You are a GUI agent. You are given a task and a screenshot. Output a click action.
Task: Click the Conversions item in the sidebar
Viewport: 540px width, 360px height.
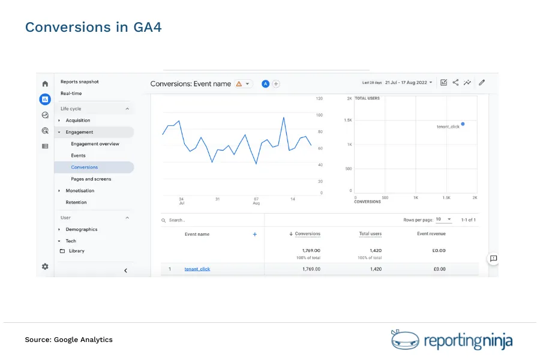pyautogui.click(x=84, y=167)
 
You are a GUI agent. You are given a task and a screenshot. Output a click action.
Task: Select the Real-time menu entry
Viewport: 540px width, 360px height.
pyautogui.click(x=71, y=94)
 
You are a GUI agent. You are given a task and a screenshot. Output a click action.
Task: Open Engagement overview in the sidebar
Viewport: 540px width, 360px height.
pyautogui.click(x=95, y=144)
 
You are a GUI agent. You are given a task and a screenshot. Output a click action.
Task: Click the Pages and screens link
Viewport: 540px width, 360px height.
pyautogui.click(x=91, y=179)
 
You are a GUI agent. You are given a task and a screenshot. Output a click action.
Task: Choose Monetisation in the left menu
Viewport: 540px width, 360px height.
pyautogui.click(x=80, y=191)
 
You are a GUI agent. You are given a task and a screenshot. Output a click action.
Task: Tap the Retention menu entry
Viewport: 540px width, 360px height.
pyautogui.click(x=76, y=202)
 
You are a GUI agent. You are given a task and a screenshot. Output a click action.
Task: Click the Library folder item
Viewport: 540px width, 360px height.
pyautogui.click(x=76, y=251)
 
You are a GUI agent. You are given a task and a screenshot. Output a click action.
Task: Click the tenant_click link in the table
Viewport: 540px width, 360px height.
pyautogui.click(x=197, y=269)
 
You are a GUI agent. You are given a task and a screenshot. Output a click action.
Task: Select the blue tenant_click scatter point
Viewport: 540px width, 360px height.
pyautogui.click(x=463, y=124)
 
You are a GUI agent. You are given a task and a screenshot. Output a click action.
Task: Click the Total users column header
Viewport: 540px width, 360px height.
pyautogui.click(x=370, y=234)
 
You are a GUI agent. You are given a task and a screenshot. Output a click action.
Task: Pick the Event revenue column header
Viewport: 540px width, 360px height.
pyautogui.click(x=431, y=234)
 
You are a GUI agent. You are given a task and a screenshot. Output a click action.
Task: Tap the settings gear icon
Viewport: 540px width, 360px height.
pyautogui.click(x=45, y=266)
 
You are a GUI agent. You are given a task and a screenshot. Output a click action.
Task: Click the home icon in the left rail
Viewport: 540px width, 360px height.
pyautogui.click(x=45, y=84)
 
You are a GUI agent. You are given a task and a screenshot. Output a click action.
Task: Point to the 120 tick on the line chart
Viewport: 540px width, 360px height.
pyautogui.click(x=319, y=98)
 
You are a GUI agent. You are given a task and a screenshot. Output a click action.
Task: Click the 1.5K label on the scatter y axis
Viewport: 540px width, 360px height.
pyautogui.click(x=348, y=121)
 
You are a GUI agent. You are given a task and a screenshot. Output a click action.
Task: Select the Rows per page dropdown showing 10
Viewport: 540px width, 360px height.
pyautogui.click(x=444, y=220)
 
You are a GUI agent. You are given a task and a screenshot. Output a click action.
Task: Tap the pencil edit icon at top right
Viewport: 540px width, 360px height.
pyautogui.click(x=481, y=83)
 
